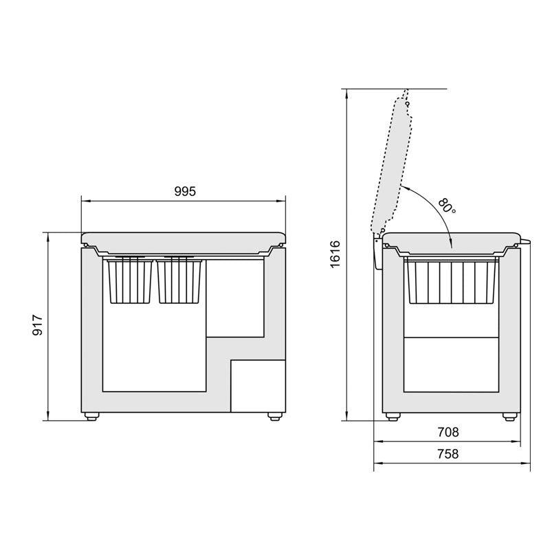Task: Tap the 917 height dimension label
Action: tap(38, 325)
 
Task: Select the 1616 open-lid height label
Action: tap(335, 254)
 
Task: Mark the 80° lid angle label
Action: tap(447, 206)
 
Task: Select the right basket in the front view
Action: tap(180, 280)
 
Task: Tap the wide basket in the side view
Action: tap(452, 281)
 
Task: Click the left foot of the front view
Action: tap(90, 416)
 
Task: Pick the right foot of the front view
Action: tap(274, 416)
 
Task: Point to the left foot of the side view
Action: tap(392, 416)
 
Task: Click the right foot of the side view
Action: tap(509, 416)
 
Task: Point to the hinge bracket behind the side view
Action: tap(376, 253)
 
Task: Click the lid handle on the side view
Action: tap(526, 241)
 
